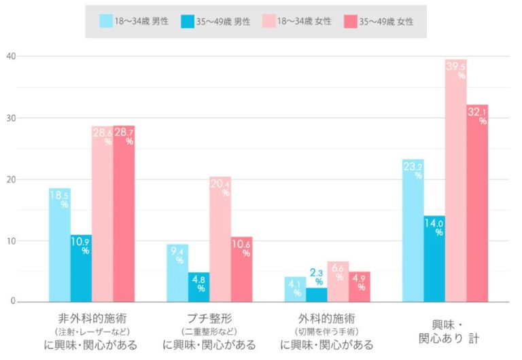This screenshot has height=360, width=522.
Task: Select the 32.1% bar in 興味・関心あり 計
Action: tap(477, 203)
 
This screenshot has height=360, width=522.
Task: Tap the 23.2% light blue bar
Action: tap(413, 230)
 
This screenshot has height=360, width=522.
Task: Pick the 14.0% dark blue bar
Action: tap(434, 259)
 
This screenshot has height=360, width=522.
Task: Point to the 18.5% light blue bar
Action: tap(59, 245)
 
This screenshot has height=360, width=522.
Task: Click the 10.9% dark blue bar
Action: tap(81, 268)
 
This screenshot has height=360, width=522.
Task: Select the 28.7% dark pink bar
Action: tap(124, 214)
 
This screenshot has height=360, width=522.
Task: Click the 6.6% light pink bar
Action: tap(338, 282)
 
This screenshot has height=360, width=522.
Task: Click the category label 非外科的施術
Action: tap(92, 318)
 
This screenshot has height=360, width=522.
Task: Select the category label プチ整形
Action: tap(209, 318)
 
